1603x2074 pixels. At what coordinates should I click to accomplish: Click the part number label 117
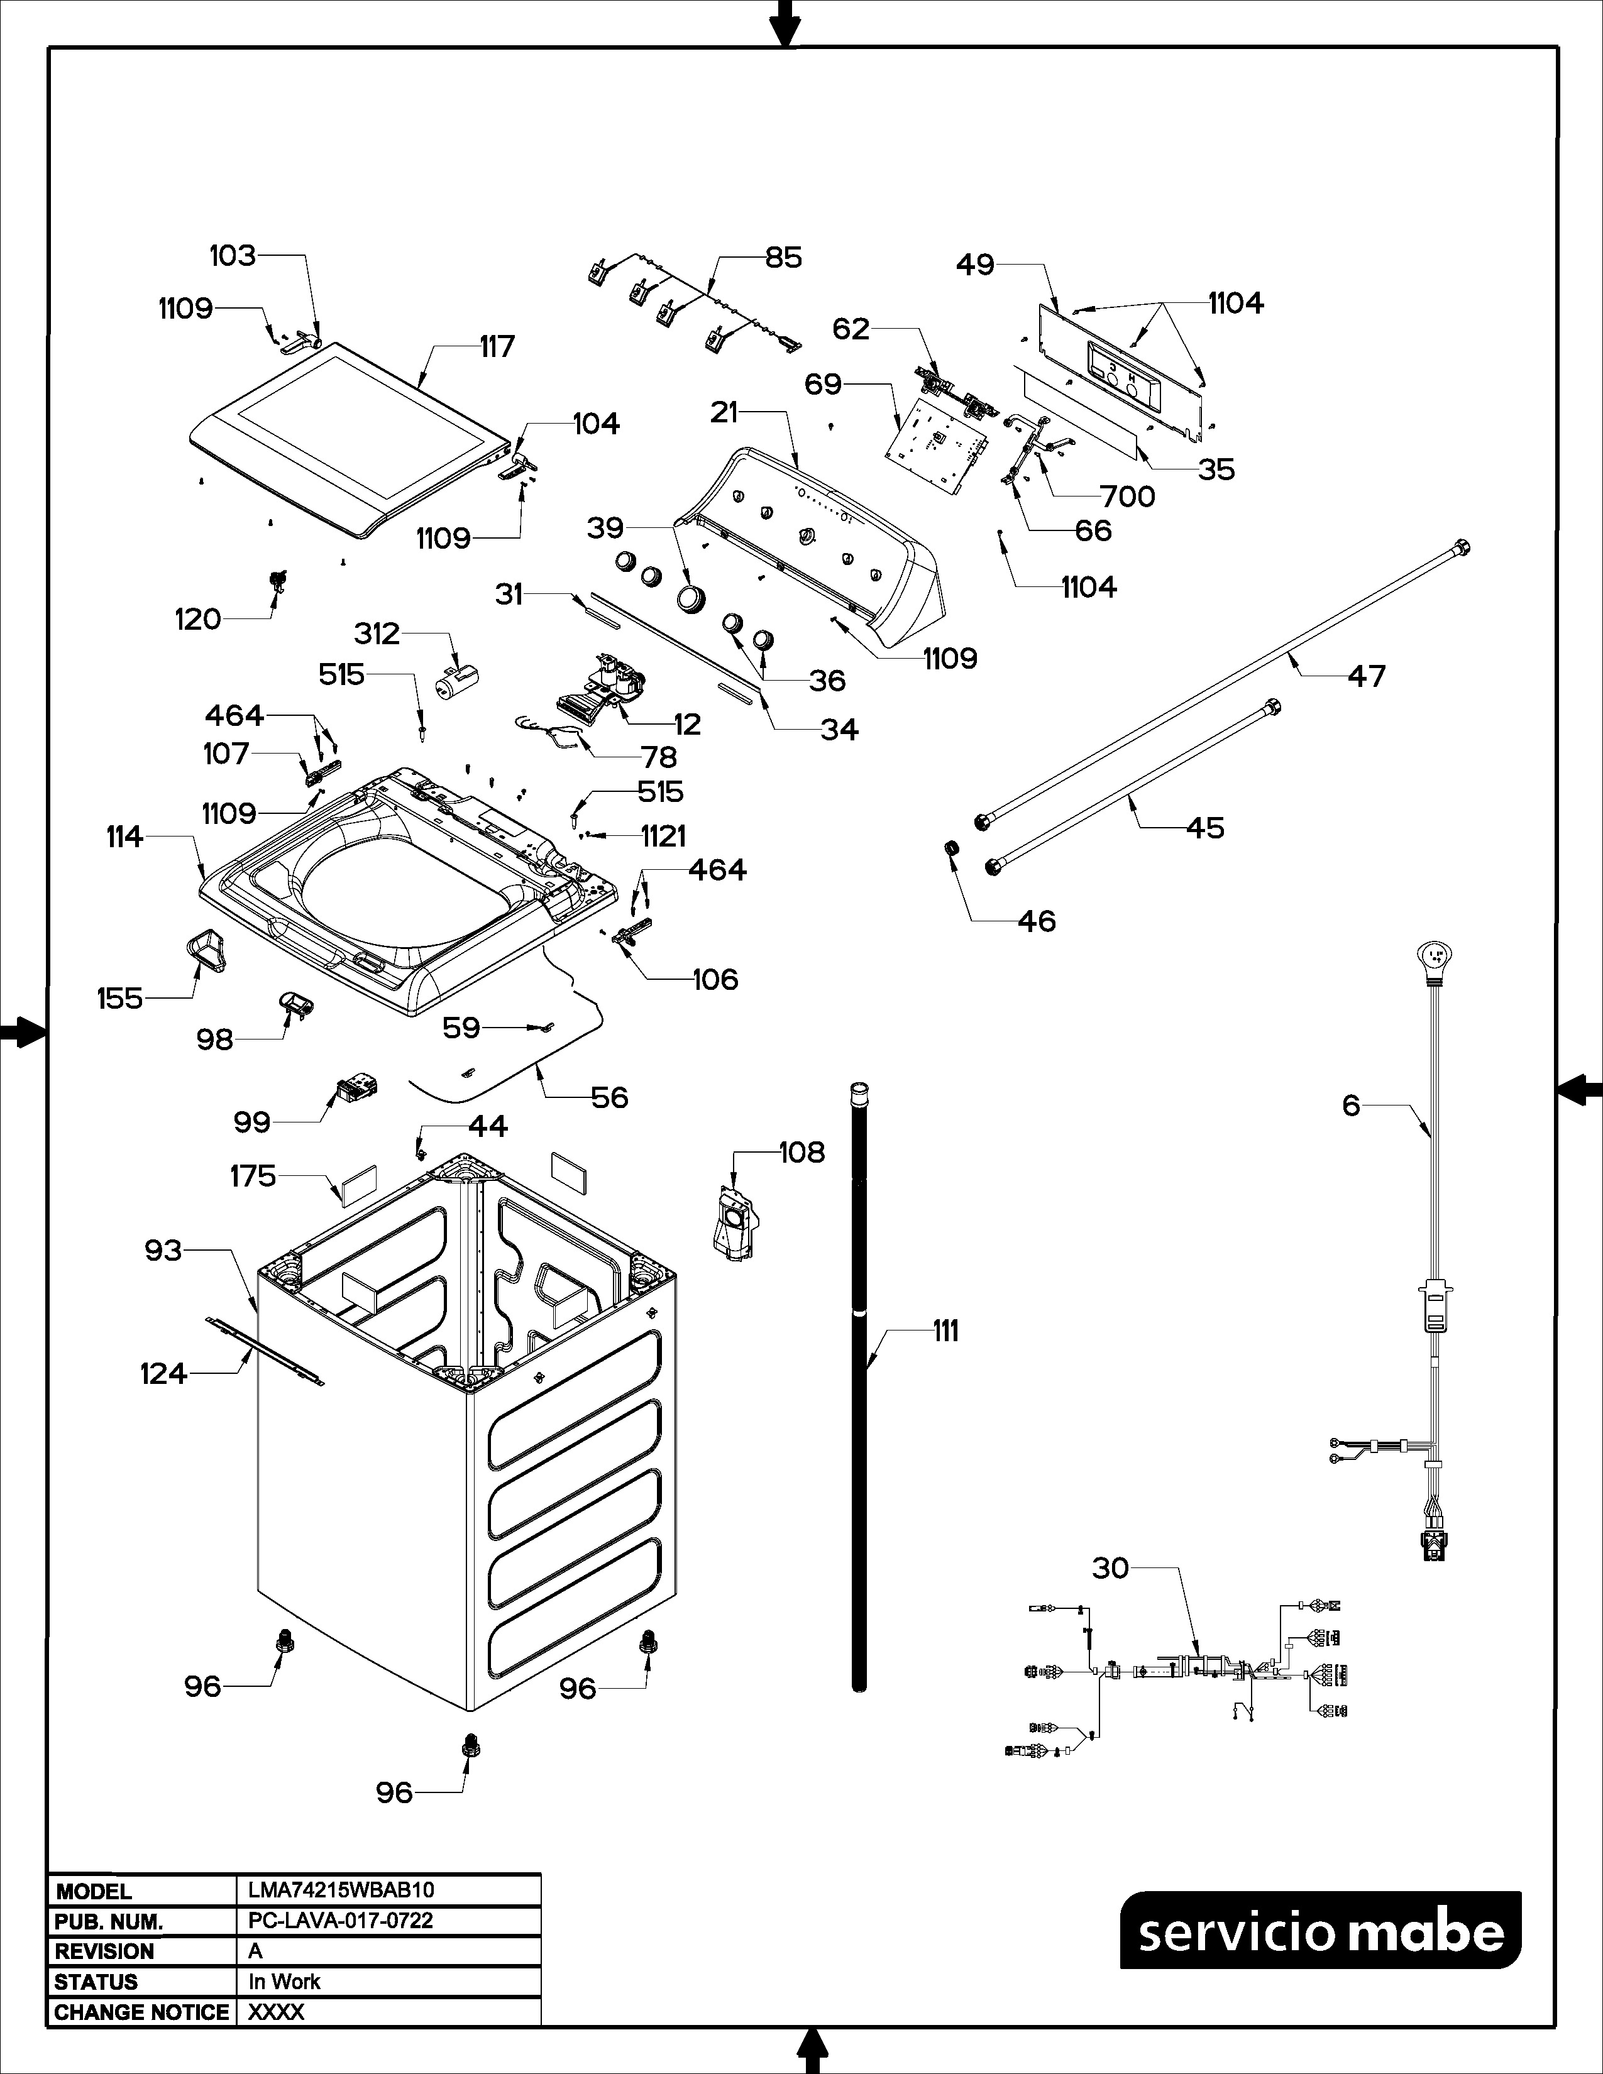(x=497, y=347)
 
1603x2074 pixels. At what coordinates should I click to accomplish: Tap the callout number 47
(x=1367, y=676)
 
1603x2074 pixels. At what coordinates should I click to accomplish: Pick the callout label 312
(x=377, y=634)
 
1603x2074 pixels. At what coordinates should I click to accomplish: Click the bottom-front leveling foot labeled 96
(x=469, y=1743)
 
